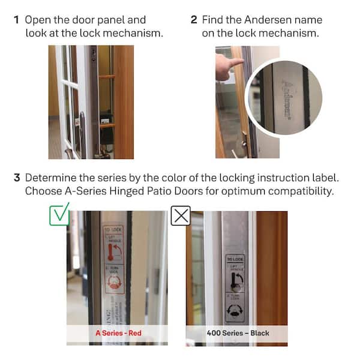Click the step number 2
(194, 20)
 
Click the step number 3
(17, 178)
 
